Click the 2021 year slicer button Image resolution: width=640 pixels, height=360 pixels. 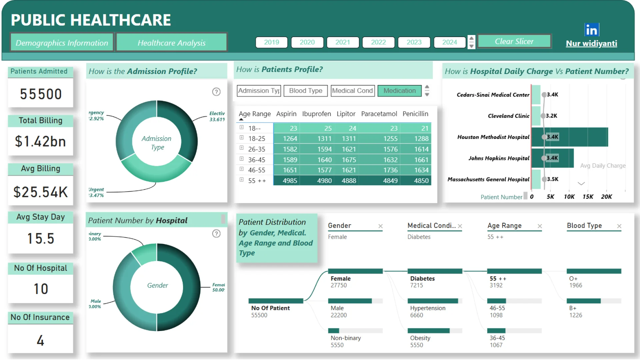coord(343,42)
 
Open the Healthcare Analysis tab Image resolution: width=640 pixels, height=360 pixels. coord(171,43)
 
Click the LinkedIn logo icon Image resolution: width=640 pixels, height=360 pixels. coord(592,30)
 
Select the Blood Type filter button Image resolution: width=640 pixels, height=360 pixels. coord(306,91)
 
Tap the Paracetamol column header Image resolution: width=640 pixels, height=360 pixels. coord(379,114)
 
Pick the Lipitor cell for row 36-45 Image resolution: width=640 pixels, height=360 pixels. coord(349,160)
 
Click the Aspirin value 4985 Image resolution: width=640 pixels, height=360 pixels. coord(290,181)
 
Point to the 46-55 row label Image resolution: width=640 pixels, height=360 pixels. coord(257,170)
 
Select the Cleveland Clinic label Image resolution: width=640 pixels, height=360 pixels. coord(508,116)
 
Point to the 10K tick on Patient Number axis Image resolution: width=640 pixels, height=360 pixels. coord(569,197)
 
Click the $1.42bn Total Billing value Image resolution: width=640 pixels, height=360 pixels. coord(40,141)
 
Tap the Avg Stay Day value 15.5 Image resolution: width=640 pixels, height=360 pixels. coord(40,239)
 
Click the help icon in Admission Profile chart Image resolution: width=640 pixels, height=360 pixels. coord(216,92)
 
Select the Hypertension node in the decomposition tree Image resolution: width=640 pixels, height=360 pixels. coord(428,308)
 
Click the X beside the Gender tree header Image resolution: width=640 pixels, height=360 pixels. coord(380,226)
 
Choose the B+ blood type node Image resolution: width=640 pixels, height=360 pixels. coord(573,308)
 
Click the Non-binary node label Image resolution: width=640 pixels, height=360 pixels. coord(346,338)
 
